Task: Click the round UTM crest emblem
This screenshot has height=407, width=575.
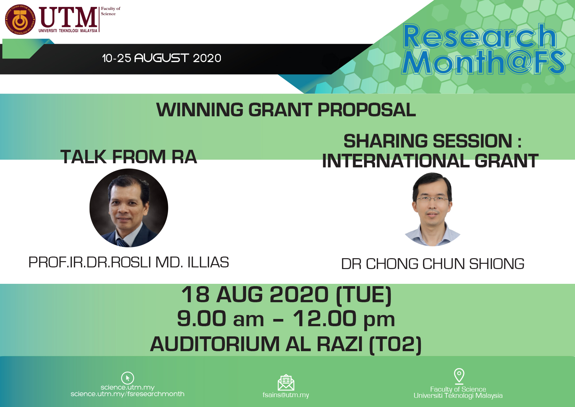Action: (x=20, y=19)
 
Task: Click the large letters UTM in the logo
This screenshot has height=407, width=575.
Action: (x=68, y=17)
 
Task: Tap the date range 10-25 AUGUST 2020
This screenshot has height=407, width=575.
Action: (x=161, y=58)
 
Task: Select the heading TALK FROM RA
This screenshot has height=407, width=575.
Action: (x=129, y=157)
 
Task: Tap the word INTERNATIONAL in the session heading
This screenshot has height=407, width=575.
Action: (x=396, y=161)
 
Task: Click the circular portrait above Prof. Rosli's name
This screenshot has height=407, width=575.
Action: (x=129, y=208)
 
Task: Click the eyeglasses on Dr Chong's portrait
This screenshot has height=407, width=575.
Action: (x=432, y=199)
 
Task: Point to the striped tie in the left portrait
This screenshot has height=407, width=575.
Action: (x=122, y=243)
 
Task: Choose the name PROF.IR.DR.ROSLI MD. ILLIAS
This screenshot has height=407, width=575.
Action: (x=129, y=262)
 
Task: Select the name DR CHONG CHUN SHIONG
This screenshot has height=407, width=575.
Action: (x=433, y=264)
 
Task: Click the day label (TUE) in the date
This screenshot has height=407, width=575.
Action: (x=364, y=295)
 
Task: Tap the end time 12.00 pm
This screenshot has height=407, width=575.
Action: (x=344, y=319)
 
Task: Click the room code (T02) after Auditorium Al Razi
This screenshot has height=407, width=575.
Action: (x=395, y=344)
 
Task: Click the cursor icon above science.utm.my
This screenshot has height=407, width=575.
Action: (x=127, y=378)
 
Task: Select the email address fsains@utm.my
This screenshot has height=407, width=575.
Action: (x=286, y=395)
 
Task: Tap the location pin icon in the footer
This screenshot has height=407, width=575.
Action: (x=459, y=376)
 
